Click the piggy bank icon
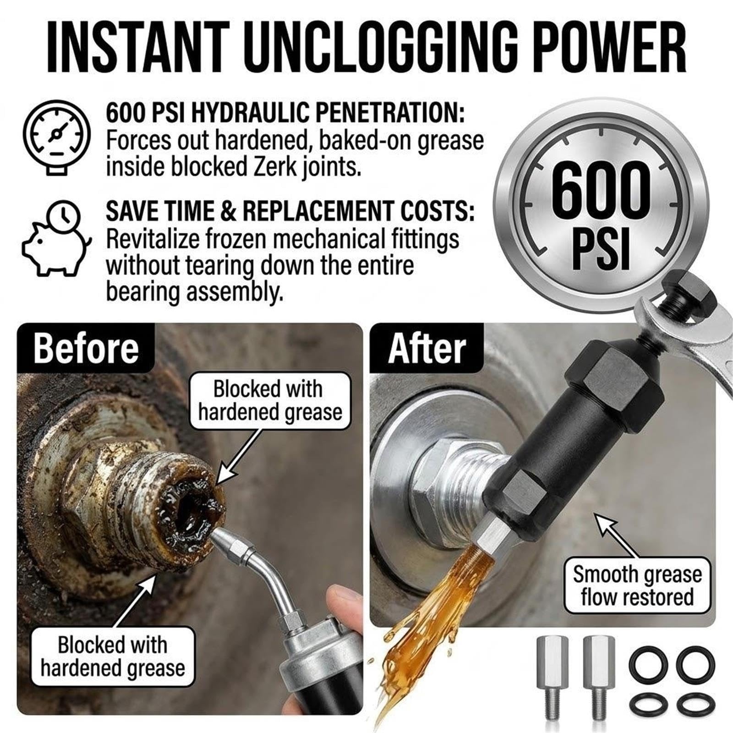pos(57,237)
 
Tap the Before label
pos(86,348)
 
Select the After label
pos(427,348)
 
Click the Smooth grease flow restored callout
pos(637,585)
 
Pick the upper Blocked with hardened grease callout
pos(270,400)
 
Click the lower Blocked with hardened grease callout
pos(113,656)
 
